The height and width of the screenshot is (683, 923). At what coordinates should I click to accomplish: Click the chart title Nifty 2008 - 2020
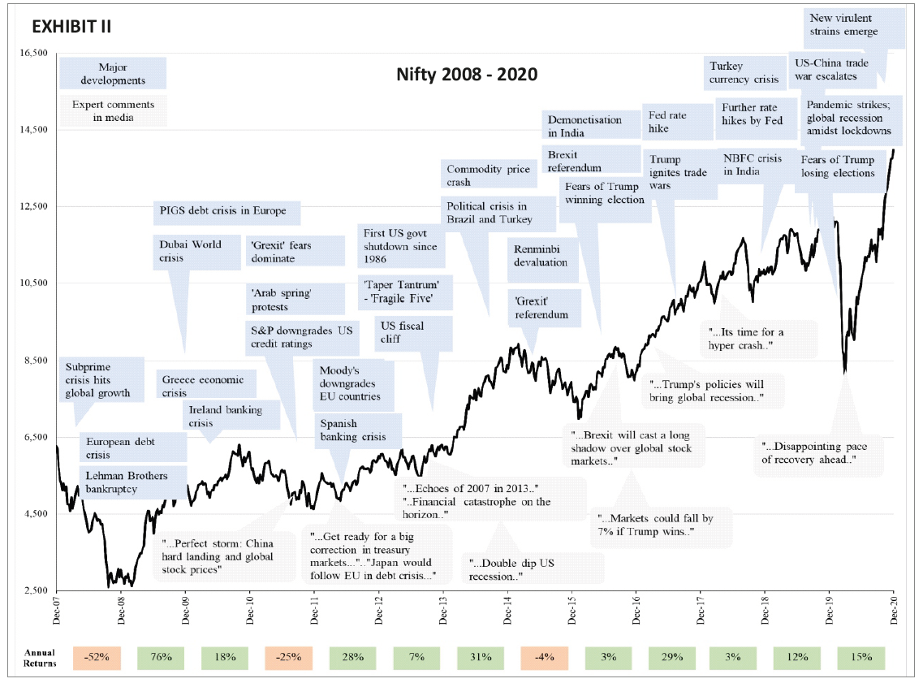pos(467,75)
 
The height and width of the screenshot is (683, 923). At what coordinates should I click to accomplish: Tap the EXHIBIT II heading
pos(71,27)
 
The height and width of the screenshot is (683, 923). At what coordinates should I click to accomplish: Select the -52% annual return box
pos(97,656)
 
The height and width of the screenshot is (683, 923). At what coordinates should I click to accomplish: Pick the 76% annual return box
pos(161,656)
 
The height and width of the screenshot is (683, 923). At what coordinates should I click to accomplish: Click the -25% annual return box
pos(289,656)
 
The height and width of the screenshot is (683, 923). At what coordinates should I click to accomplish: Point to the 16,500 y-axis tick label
pos(33,53)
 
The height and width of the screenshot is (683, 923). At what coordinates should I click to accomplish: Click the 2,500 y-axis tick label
pos(37,590)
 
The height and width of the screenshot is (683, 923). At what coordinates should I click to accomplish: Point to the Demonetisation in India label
pos(584,126)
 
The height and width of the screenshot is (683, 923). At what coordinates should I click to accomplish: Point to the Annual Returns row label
pos(39,656)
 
